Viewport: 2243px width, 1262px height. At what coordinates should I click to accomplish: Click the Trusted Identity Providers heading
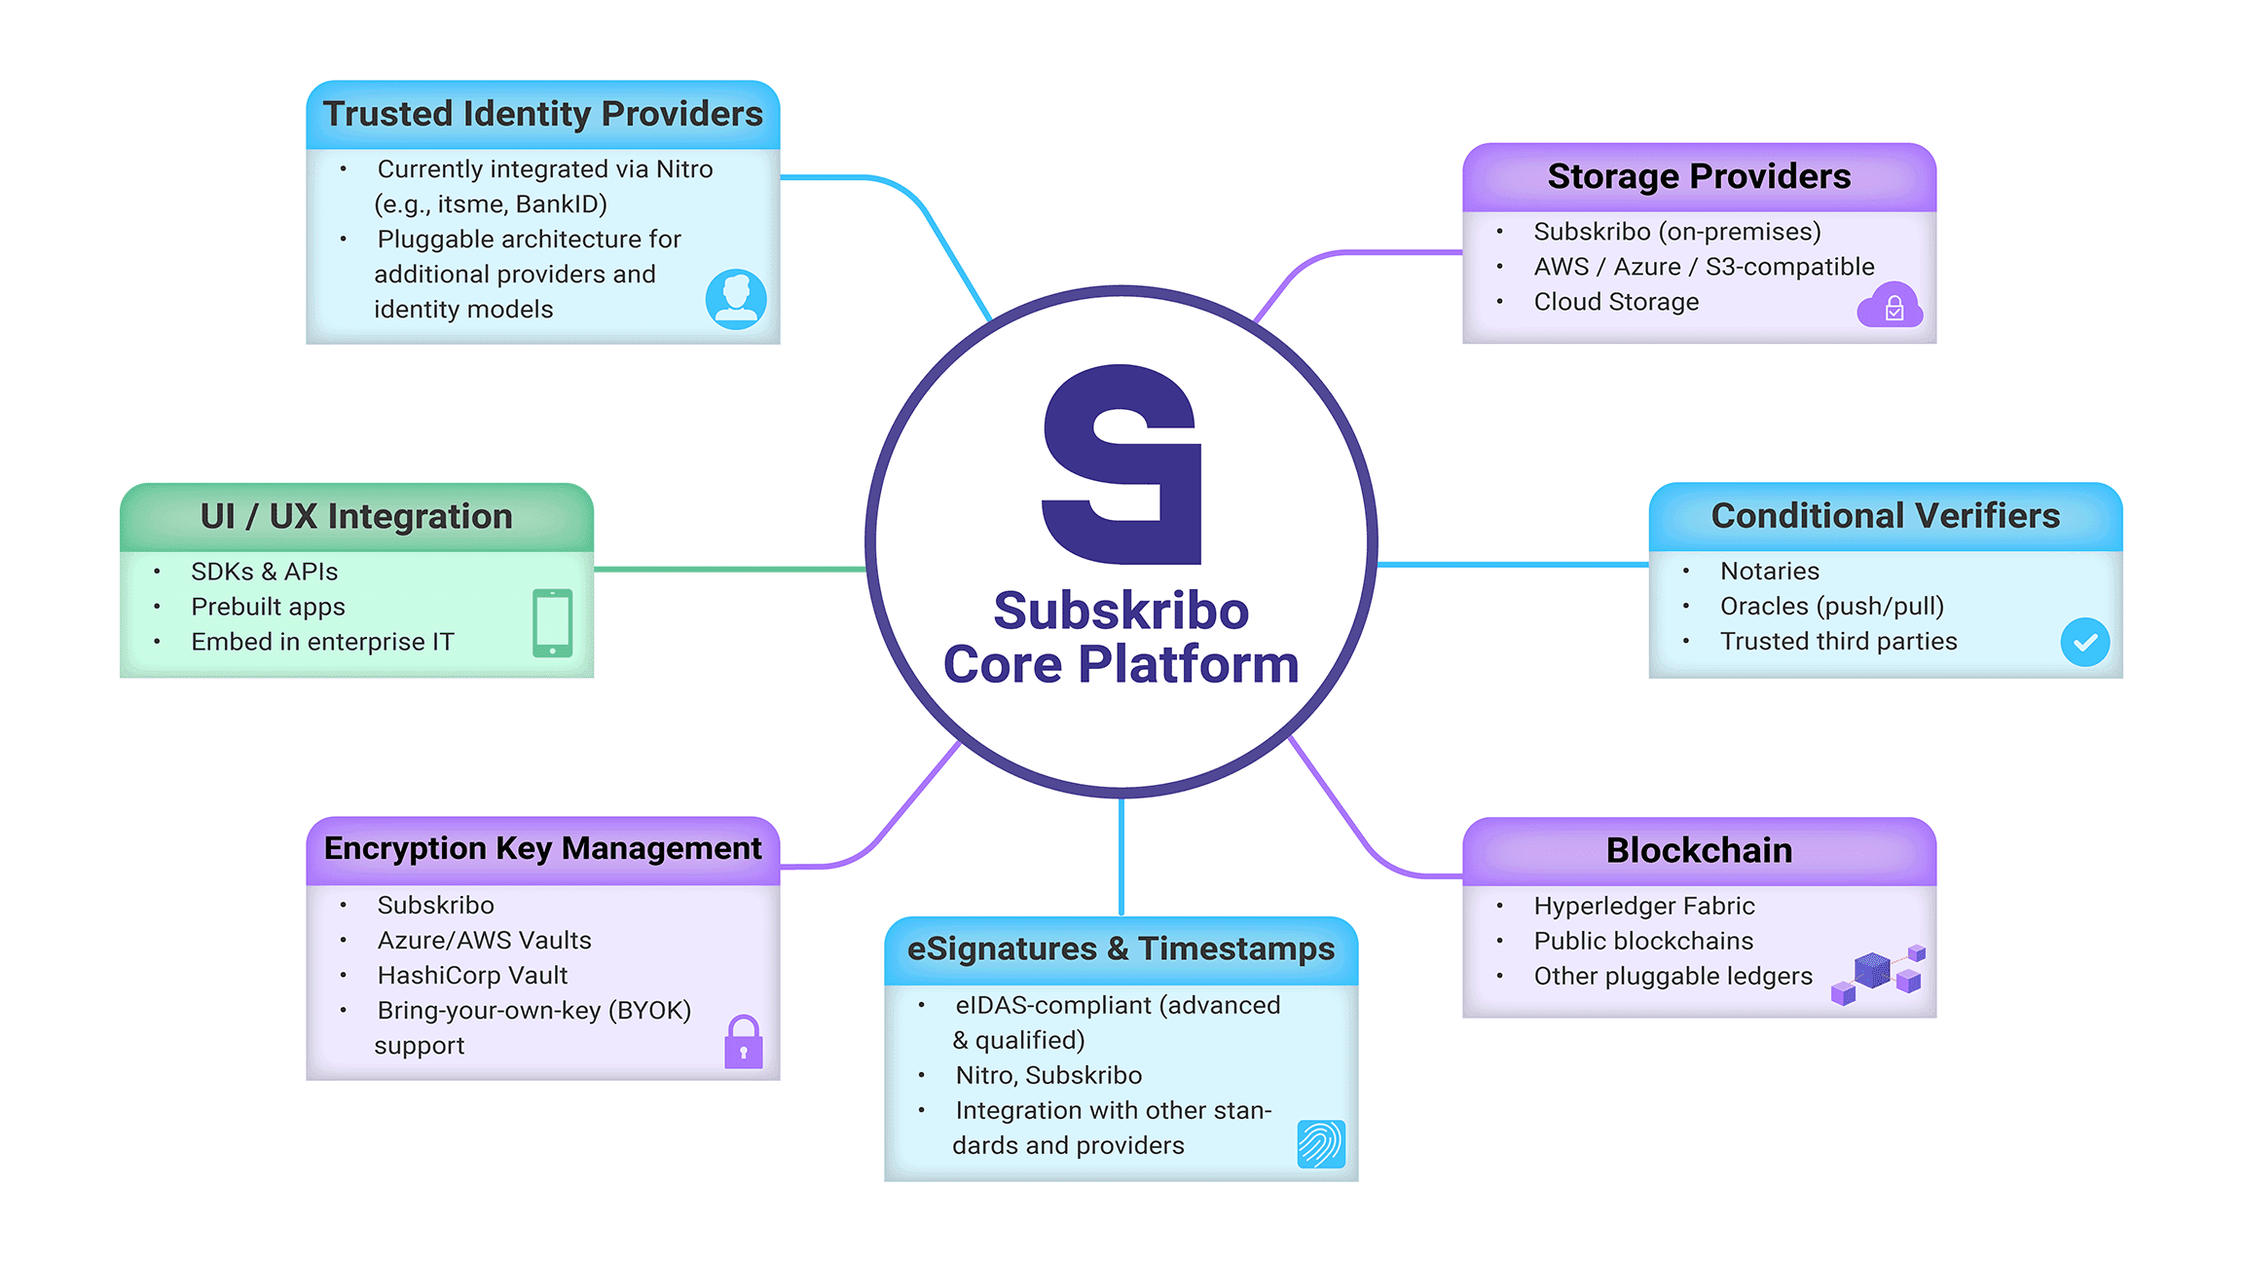542,114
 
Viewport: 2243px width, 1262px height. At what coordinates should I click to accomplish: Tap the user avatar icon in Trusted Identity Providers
736,298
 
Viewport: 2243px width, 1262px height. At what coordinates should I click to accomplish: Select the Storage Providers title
1699,176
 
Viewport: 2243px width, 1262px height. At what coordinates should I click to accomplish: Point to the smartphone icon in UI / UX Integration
552,622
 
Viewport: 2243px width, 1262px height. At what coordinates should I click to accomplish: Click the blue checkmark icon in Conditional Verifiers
2084,642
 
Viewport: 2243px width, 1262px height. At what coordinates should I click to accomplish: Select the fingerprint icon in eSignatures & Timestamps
1321,1143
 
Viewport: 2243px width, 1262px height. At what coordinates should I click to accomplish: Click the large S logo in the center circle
1121,464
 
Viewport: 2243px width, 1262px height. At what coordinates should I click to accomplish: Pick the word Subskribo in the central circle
1121,611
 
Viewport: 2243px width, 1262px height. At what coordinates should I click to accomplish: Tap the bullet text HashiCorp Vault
472,975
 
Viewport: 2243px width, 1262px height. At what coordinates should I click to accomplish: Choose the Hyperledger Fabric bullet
1643,906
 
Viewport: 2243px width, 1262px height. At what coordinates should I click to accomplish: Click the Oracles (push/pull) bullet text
1831,606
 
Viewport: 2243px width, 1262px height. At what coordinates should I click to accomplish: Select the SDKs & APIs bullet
264,572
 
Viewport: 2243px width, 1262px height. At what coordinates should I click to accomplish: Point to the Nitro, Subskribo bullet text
1048,1075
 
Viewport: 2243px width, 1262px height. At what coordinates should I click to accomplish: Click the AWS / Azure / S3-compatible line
1704,267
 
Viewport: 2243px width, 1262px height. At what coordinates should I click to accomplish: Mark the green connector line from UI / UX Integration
730,569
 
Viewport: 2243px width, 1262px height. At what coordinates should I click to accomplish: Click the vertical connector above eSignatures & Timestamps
1121,857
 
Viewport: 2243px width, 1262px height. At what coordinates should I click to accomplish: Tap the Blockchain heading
1699,850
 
